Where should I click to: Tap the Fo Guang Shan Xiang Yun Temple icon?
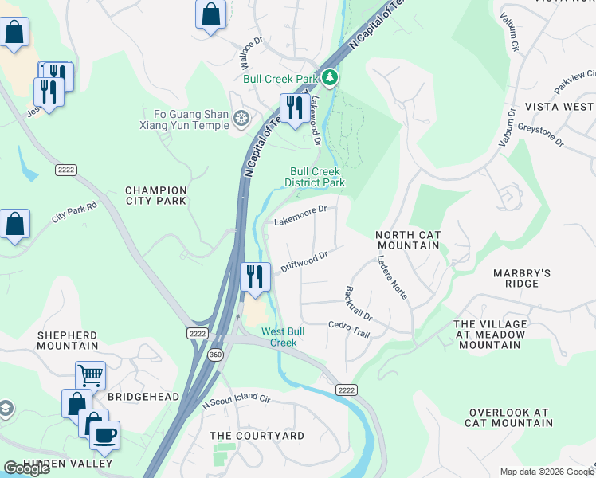[241, 119]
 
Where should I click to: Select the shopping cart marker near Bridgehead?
[90, 374]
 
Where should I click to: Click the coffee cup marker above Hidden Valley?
[104, 436]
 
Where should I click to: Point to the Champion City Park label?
[156, 195]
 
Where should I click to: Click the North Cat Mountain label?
[408, 240]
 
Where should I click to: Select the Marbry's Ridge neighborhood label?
[522, 278]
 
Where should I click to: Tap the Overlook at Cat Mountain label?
[509, 417]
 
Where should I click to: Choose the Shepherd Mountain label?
[67, 340]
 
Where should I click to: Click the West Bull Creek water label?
[280, 337]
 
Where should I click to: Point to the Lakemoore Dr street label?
[300, 215]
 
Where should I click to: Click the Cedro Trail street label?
[350, 329]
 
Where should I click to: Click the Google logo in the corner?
[26, 468]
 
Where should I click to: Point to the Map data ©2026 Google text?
[546, 471]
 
